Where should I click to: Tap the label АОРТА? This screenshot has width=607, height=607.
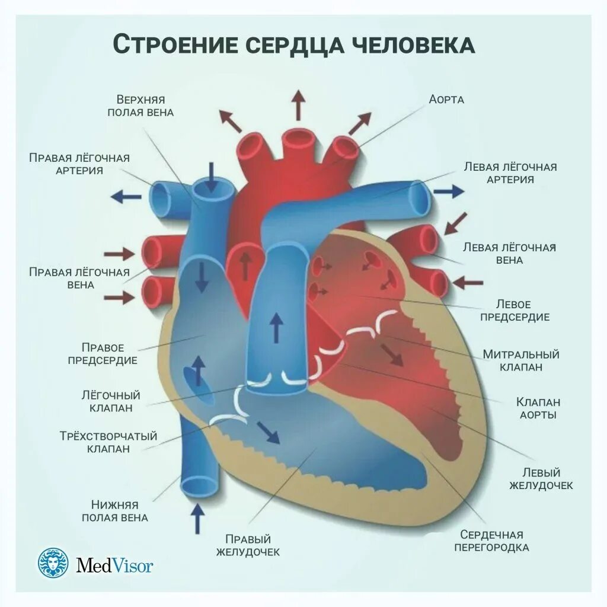click(x=446, y=100)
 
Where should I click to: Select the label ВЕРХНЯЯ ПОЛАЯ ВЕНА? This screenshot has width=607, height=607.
click(x=140, y=106)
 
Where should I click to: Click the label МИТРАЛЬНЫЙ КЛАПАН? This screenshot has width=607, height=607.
click(x=520, y=360)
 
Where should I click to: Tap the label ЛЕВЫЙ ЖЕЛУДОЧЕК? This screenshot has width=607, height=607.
click(x=539, y=479)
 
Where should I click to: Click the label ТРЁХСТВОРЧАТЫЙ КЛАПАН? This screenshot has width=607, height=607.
click(x=103, y=442)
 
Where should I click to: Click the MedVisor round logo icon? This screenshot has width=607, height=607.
click(x=54, y=564)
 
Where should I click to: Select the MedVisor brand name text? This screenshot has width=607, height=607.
click(x=114, y=565)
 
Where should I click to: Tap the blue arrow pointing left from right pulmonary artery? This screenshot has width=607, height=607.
click(x=126, y=196)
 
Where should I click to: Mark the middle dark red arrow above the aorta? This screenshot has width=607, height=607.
click(x=298, y=106)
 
